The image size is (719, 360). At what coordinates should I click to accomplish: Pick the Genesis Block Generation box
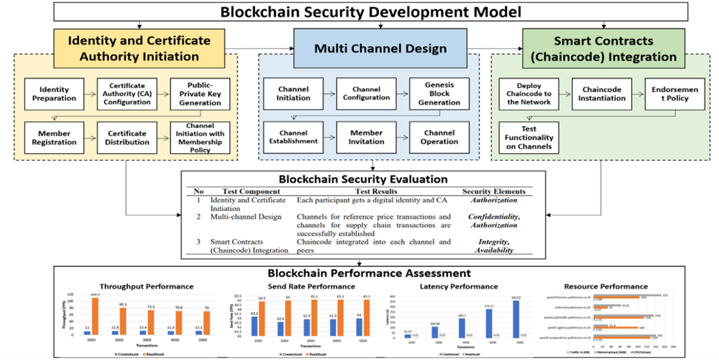(x=439, y=93)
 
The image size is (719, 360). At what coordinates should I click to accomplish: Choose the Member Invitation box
(x=366, y=137)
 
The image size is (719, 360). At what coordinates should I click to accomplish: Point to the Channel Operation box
(x=439, y=137)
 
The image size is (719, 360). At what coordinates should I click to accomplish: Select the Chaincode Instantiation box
(x=602, y=93)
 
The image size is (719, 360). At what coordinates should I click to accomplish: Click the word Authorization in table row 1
(x=494, y=200)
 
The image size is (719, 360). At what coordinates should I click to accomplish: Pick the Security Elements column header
(x=494, y=191)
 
